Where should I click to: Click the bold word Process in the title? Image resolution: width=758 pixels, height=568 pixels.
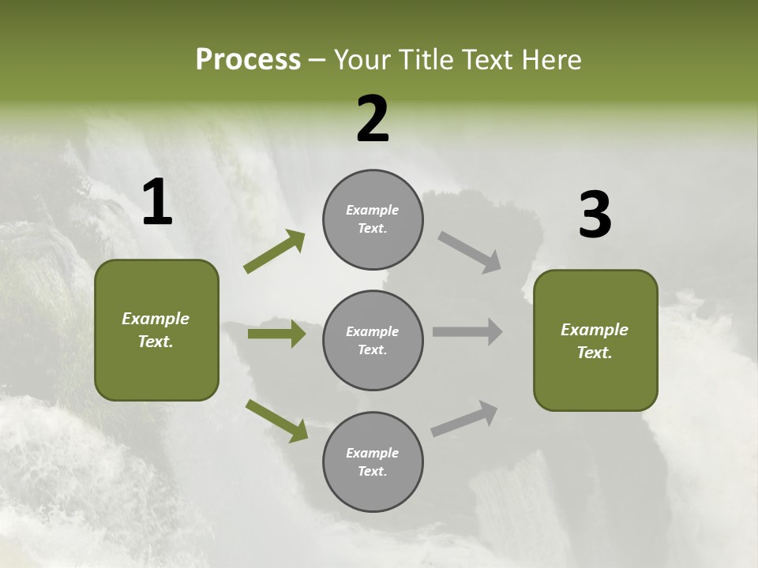248,60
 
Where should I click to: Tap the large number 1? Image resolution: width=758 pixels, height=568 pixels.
157,203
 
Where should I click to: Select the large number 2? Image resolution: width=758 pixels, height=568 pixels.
373,120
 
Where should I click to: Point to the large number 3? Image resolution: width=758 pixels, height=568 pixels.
595,216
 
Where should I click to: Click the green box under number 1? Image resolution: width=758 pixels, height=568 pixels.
156,330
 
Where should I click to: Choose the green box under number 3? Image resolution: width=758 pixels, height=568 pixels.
595,340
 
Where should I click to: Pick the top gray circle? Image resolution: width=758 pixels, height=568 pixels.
373,219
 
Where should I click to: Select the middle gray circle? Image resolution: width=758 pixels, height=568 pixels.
373,340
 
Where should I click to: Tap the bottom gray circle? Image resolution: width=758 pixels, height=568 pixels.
373,461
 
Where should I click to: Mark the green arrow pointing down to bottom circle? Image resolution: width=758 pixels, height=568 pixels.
276,420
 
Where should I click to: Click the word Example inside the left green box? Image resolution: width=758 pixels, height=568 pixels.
156,319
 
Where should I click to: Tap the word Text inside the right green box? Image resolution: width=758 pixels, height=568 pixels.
595,353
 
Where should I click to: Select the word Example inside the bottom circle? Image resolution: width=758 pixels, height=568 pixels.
373,453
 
